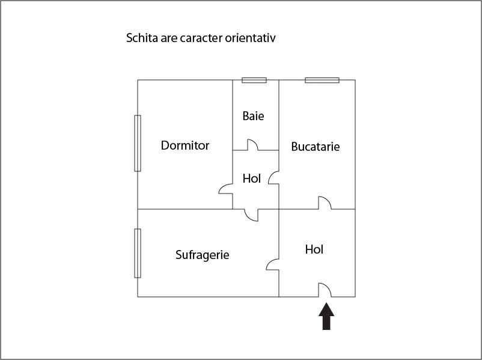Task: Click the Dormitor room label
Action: click(x=185, y=145)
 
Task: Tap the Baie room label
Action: click(x=253, y=116)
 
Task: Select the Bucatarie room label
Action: click(x=316, y=147)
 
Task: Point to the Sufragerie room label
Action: click(x=203, y=255)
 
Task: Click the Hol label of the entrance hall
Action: click(x=314, y=249)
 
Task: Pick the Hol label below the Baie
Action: click(x=251, y=178)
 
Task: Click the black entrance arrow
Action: click(x=326, y=316)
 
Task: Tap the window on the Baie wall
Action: click(x=254, y=81)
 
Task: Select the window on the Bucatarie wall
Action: click(x=322, y=81)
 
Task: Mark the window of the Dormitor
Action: click(x=138, y=143)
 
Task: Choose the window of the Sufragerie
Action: click(x=138, y=253)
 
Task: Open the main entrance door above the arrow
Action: click(x=325, y=290)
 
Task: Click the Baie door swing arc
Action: click(x=253, y=145)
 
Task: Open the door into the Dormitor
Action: click(x=225, y=189)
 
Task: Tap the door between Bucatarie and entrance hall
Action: click(x=325, y=203)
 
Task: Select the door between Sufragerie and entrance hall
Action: click(x=272, y=264)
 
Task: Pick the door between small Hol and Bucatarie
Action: click(x=273, y=178)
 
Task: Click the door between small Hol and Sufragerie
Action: click(x=251, y=215)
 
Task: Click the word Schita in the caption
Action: click(x=142, y=38)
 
